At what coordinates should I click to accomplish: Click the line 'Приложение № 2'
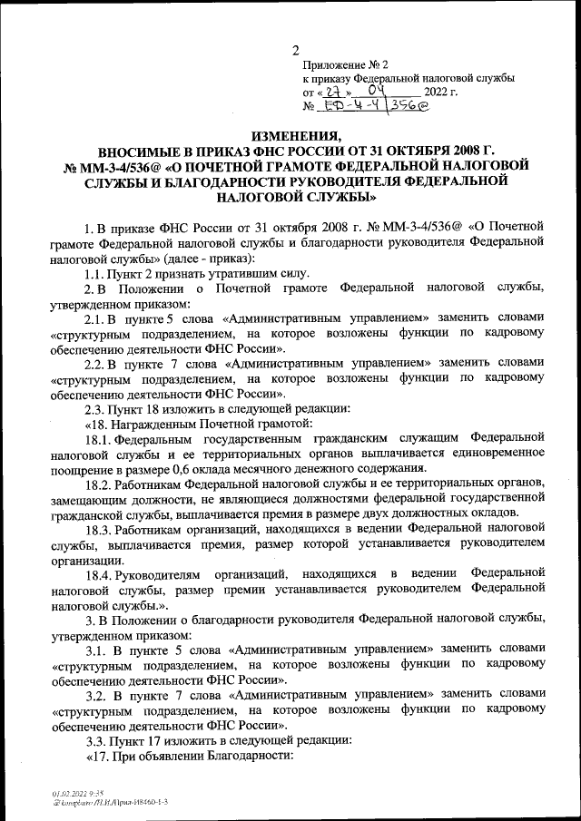pyautogui.click(x=345, y=65)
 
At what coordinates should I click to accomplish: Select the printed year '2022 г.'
pyautogui.click(x=440, y=93)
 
